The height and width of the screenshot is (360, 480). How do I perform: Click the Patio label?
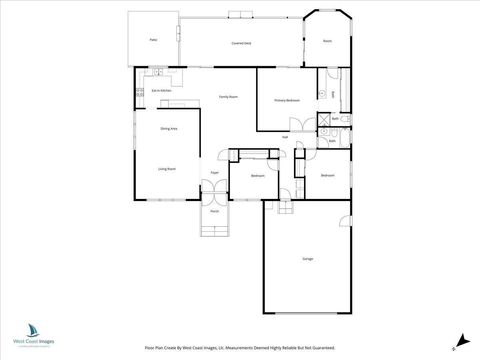[154, 41]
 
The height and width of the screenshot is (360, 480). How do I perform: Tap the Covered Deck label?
[240, 44]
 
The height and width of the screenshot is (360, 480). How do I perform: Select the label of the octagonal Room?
[327, 41]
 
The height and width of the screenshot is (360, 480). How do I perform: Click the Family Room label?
[228, 97]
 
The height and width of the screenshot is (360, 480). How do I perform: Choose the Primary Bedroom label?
[288, 100]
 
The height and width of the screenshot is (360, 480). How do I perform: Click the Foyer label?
[214, 173]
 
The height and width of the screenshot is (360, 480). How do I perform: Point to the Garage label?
[308, 259]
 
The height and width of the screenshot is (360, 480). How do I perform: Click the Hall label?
[285, 137]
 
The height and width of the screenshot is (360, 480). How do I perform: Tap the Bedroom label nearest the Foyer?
[258, 175]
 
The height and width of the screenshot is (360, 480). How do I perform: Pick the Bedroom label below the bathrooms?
[328, 175]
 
